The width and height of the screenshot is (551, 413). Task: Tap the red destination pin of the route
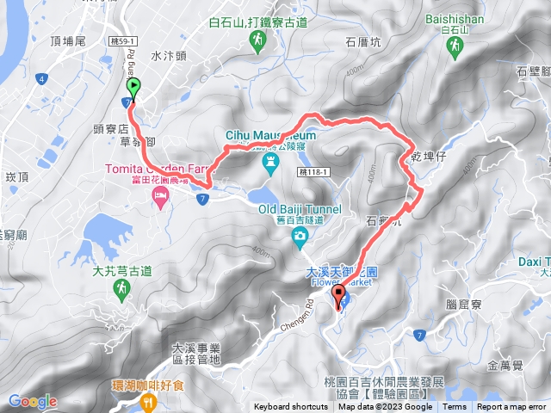(338, 298)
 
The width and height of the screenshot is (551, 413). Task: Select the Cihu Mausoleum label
(270, 135)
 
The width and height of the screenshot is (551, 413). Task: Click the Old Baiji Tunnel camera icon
(298, 236)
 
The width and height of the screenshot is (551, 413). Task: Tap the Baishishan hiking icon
(452, 51)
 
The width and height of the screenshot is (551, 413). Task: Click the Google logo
(33, 401)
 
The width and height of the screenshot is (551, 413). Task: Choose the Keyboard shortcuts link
(290, 407)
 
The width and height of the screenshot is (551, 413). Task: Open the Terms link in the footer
(455, 407)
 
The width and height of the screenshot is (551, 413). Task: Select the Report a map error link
(511, 407)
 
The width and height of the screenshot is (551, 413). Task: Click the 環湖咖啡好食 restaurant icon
(150, 401)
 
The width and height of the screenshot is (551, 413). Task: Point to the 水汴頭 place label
(168, 56)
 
